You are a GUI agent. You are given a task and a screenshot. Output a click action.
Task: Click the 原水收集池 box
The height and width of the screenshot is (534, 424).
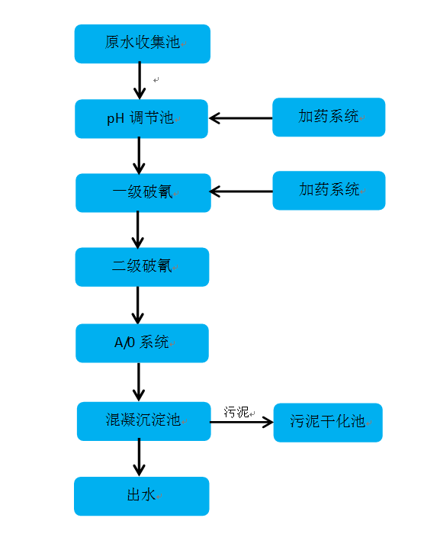(142, 43)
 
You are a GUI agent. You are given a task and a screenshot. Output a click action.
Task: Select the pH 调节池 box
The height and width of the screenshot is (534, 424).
(142, 118)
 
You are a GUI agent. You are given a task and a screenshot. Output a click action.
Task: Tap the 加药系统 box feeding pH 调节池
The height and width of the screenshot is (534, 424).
(329, 117)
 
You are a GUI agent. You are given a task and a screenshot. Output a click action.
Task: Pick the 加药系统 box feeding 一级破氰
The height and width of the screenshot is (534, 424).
(329, 190)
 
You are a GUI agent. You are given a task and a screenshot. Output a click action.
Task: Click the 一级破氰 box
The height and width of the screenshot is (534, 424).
(142, 192)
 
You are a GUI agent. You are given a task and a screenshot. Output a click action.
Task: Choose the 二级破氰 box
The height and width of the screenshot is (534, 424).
(142, 267)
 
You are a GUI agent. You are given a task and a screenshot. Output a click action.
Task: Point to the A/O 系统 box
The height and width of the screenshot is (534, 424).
(142, 343)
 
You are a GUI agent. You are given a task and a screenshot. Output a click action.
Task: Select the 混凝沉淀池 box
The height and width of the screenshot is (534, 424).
(143, 420)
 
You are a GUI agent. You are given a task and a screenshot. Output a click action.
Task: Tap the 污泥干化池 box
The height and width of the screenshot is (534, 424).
(328, 422)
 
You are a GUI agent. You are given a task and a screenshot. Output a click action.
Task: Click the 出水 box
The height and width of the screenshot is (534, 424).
(142, 496)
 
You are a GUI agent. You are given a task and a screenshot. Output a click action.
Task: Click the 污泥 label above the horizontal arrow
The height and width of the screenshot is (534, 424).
(236, 412)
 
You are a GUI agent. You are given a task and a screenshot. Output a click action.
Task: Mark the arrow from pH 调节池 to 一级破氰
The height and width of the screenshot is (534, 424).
(139, 156)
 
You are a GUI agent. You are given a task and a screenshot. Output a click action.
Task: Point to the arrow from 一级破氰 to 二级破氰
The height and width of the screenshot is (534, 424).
(138, 230)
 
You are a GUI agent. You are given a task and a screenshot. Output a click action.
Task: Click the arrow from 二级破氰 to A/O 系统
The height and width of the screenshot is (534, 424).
(138, 305)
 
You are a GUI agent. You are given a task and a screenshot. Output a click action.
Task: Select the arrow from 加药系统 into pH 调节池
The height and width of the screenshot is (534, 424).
(240, 118)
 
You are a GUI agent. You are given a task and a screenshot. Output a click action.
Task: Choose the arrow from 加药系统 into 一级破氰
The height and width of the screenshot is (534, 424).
(241, 191)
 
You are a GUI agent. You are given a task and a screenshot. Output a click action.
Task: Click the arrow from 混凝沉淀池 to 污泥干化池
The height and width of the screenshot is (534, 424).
(242, 422)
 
